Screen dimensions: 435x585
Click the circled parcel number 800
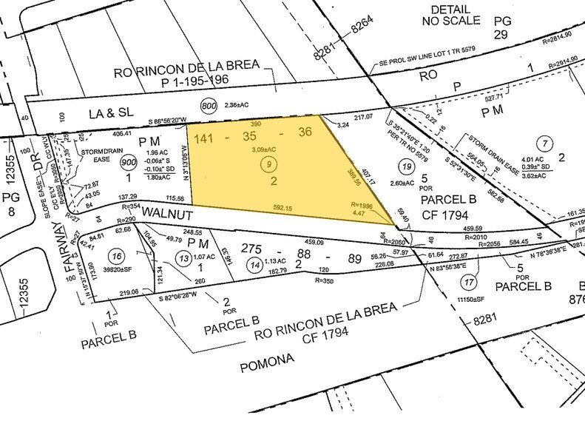pyautogui.click(x=209, y=106)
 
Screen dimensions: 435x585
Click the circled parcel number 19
pyautogui.click(x=405, y=167)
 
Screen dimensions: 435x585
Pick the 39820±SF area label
pyautogui.click(x=118, y=272)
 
